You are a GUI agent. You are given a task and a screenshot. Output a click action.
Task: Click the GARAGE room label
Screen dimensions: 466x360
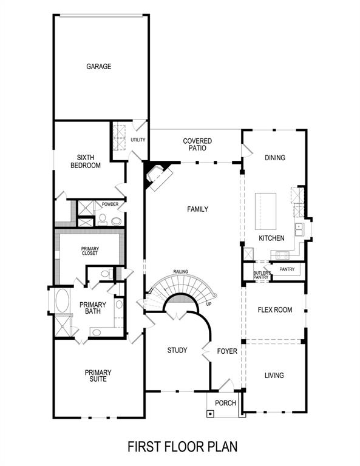(x=98, y=67)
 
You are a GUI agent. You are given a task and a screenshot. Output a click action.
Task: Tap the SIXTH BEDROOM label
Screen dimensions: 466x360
(x=85, y=161)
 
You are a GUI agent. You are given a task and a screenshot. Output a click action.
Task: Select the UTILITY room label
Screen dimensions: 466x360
(x=138, y=140)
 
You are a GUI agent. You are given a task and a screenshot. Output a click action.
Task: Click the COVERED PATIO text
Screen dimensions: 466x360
(x=197, y=144)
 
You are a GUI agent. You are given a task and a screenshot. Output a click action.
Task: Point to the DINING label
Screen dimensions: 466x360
(x=274, y=158)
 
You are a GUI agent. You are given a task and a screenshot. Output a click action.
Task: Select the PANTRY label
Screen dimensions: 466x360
(x=287, y=269)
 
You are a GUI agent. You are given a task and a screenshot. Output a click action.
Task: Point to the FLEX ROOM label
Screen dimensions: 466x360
(x=274, y=310)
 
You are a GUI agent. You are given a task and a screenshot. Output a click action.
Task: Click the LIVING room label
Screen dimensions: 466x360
(x=274, y=376)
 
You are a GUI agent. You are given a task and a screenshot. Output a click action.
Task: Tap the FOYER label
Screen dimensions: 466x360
(x=227, y=351)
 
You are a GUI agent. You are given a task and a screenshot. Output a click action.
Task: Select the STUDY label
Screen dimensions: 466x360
(x=177, y=351)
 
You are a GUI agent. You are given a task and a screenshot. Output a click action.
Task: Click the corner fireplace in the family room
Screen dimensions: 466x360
(x=160, y=177)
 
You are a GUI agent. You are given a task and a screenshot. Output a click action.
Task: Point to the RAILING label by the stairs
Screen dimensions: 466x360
(x=180, y=272)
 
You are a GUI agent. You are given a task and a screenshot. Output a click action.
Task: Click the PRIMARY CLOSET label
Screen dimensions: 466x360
(x=90, y=250)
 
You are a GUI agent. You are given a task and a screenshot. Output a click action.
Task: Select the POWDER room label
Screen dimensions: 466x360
(x=110, y=204)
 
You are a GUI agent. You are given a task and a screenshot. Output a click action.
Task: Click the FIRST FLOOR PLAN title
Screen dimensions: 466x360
(x=182, y=447)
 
